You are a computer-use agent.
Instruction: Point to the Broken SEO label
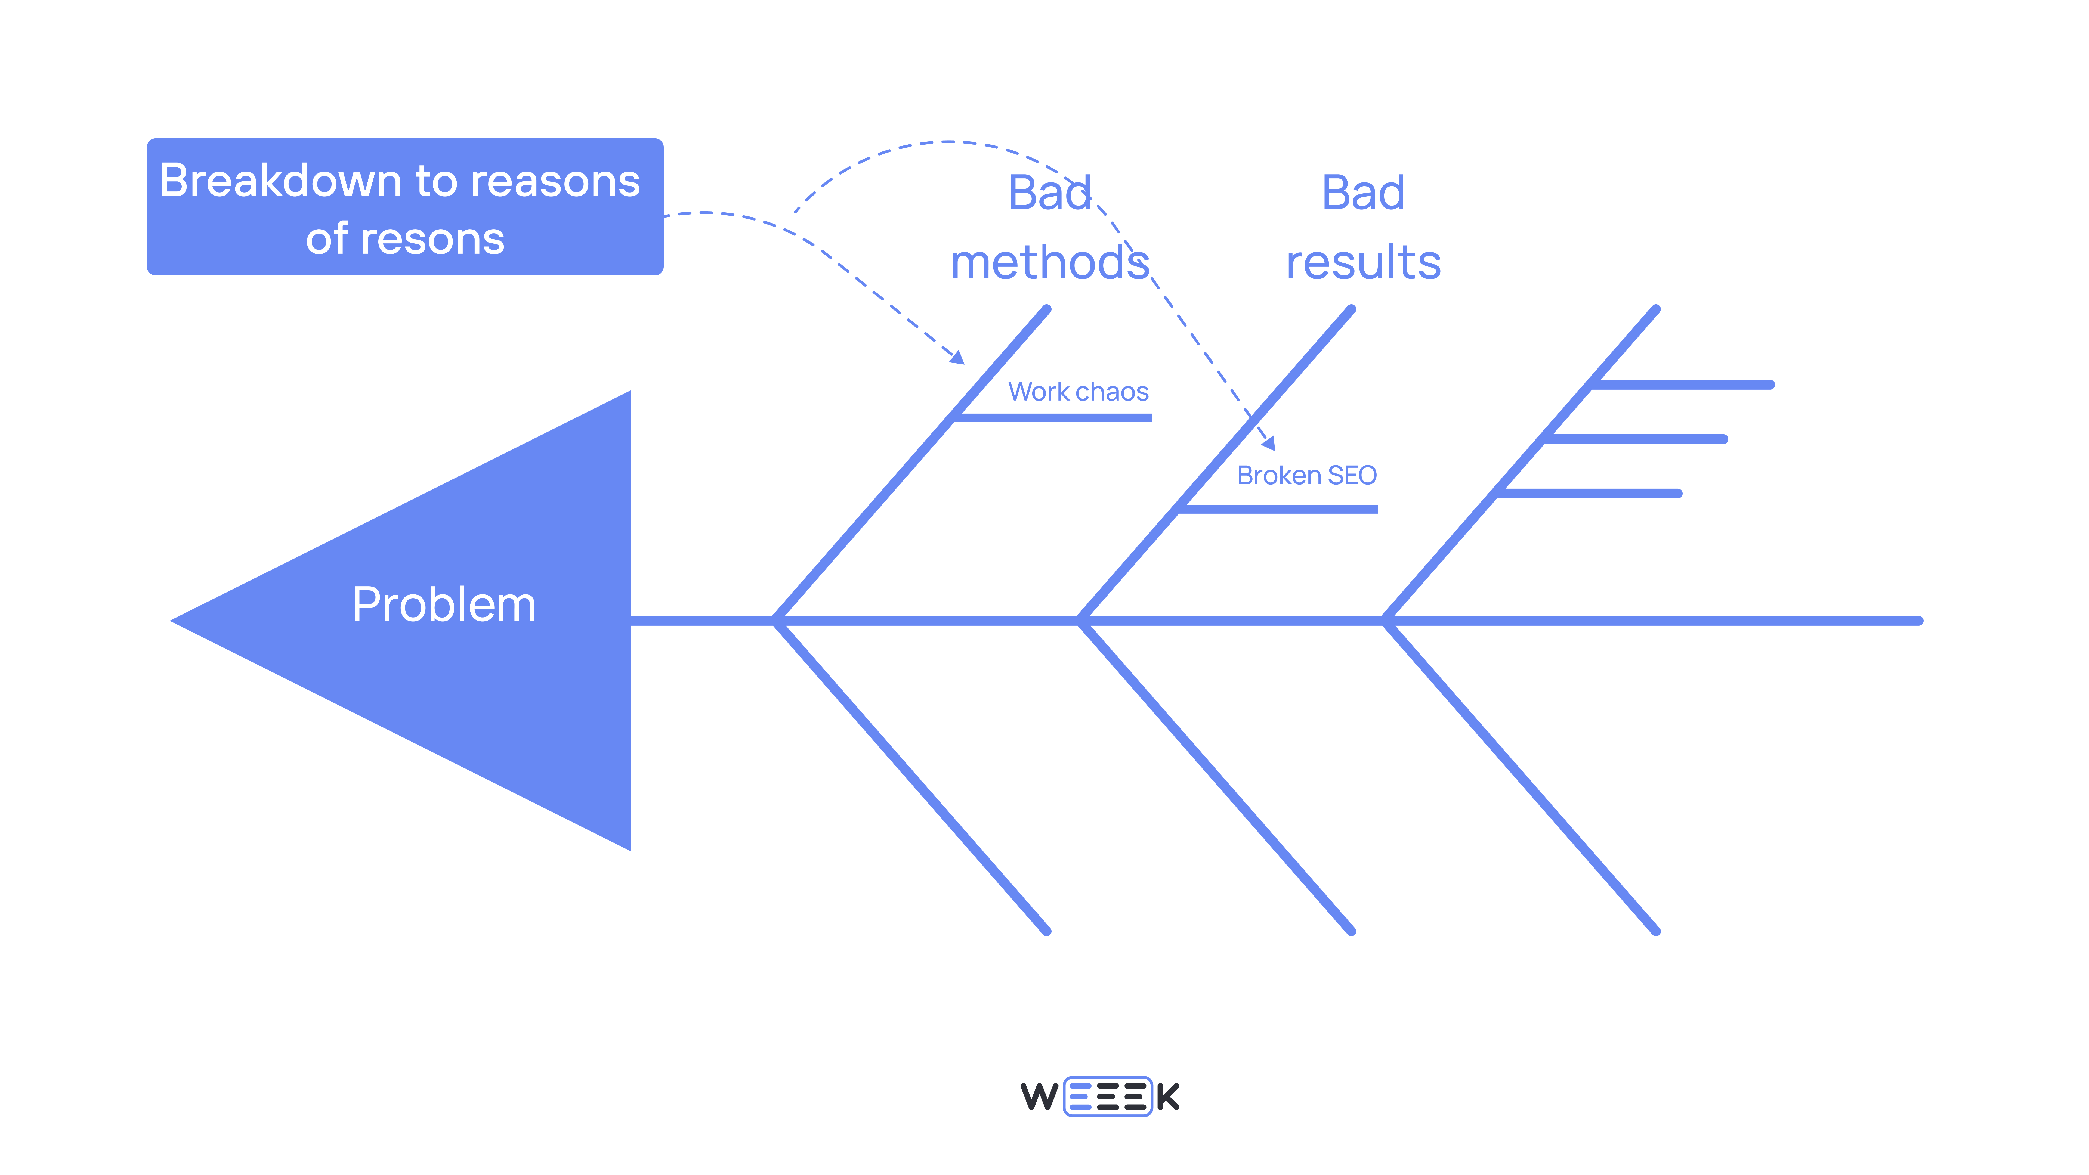[x=1306, y=475]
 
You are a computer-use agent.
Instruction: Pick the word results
[x=1363, y=263]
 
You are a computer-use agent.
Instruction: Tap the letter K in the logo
[x=1168, y=1096]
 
